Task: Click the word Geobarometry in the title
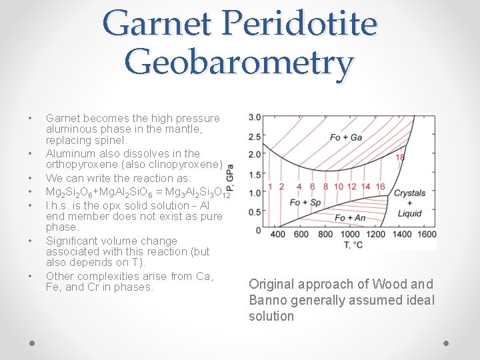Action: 239,64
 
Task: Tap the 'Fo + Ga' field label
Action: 346,138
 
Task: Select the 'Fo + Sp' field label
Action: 305,203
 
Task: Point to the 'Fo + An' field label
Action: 349,217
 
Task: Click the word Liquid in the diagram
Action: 409,213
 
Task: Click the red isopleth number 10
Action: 338,187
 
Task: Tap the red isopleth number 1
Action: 269,187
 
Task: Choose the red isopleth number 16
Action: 380,187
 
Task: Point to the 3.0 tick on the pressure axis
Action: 255,117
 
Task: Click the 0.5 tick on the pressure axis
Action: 255,212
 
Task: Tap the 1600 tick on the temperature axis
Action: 425,234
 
